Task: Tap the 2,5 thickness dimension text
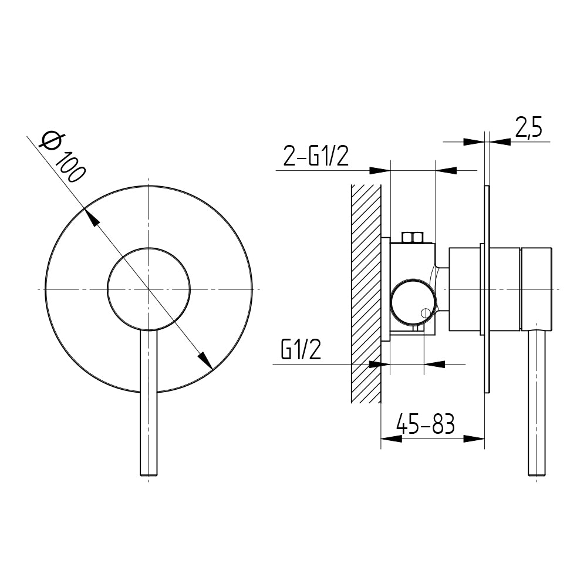[x=529, y=127]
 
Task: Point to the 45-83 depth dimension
[x=426, y=423]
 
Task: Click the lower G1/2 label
[x=301, y=350]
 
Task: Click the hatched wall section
[x=366, y=293]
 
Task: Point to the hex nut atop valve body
[x=412, y=237]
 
